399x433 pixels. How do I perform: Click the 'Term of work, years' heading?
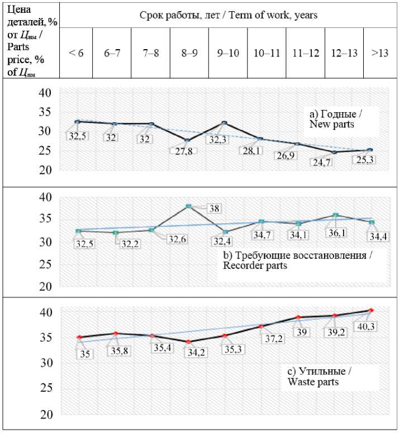[x=228, y=15]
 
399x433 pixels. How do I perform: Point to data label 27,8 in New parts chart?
[x=183, y=152]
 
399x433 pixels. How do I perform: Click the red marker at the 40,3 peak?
[x=371, y=310]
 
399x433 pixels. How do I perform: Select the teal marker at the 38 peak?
[x=188, y=206]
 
